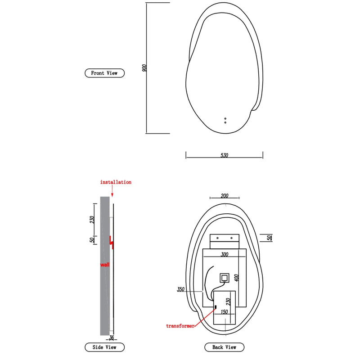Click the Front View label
click(x=104, y=73)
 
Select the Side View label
click(x=104, y=347)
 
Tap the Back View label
click(x=224, y=347)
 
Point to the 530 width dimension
click(x=224, y=156)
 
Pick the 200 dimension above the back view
click(x=225, y=196)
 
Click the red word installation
click(x=116, y=182)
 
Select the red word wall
click(x=104, y=265)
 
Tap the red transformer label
click(x=180, y=326)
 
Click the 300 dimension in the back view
click(x=225, y=255)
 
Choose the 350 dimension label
click(x=181, y=290)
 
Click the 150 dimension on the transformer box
click(x=224, y=311)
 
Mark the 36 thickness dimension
click(x=112, y=337)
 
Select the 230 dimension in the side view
click(x=92, y=220)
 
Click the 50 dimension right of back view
click(x=269, y=237)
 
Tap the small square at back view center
click(x=225, y=278)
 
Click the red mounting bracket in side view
click(x=112, y=243)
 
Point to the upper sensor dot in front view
click(x=225, y=119)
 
